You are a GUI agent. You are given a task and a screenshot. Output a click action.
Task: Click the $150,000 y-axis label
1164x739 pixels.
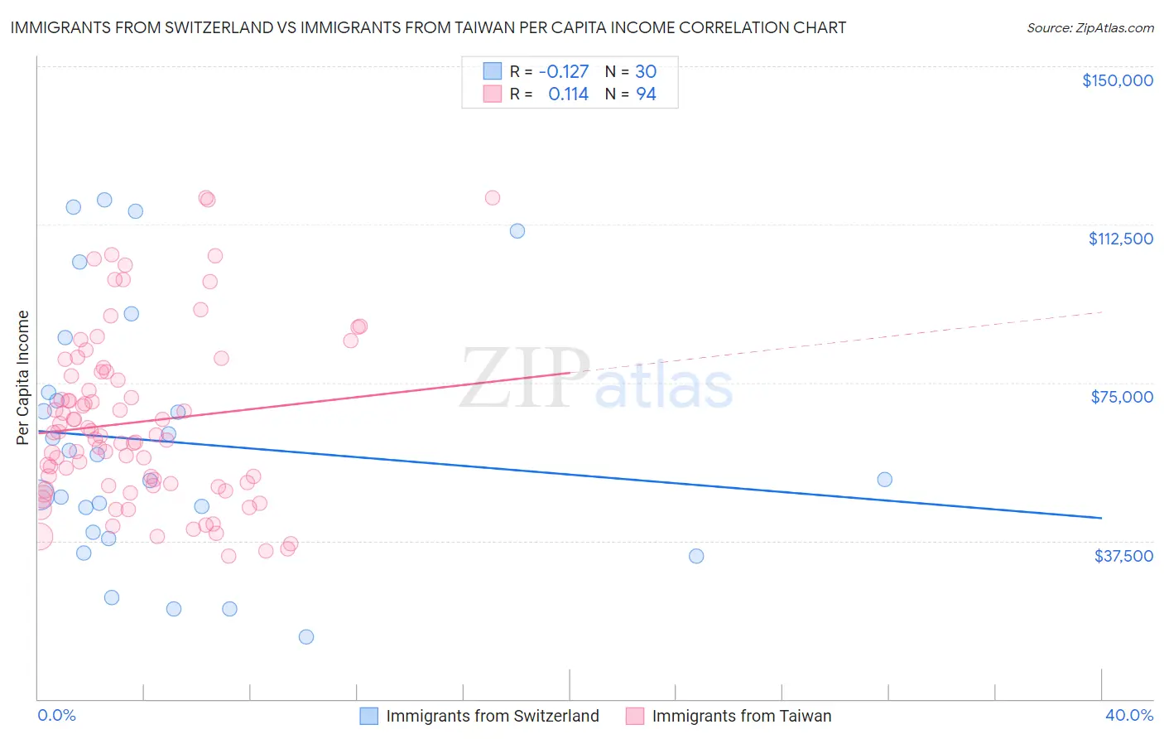pos(1117,80)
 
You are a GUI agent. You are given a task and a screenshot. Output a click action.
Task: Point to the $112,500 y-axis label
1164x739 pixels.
pos(1120,239)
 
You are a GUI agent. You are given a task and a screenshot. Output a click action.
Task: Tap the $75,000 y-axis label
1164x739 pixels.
pos(1122,397)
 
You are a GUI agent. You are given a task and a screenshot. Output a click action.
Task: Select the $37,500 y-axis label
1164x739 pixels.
pos(1123,556)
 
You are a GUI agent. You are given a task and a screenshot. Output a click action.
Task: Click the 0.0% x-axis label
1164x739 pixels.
pos(56,715)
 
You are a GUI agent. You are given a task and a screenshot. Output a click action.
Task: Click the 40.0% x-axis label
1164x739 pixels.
pos(1129,715)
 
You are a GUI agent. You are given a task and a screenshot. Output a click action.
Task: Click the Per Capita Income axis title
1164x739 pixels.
pos(23,377)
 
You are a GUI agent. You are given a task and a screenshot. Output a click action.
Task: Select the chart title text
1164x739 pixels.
pos(428,27)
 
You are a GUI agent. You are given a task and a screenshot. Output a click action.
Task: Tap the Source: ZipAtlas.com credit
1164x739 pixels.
pos(1089,27)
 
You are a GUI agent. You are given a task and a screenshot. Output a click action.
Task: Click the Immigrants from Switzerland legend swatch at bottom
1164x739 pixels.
pos(369,716)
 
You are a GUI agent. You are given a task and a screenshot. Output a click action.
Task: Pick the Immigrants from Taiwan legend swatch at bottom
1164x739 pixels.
pos(635,716)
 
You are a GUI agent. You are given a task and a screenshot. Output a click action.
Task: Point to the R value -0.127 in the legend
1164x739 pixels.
pos(563,71)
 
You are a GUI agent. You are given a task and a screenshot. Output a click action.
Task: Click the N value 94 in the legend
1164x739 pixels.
pos(646,94)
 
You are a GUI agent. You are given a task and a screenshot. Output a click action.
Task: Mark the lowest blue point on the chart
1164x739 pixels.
pos(306,636)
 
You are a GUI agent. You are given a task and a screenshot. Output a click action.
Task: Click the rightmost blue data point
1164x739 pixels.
pos(884,479)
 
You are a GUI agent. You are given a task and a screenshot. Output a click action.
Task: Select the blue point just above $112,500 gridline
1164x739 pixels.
pos(517,230)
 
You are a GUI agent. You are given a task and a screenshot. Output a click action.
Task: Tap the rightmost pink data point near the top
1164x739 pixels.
pos(493,197)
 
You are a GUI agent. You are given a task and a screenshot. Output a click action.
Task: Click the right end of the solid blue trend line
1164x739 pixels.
pos(1101,518)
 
